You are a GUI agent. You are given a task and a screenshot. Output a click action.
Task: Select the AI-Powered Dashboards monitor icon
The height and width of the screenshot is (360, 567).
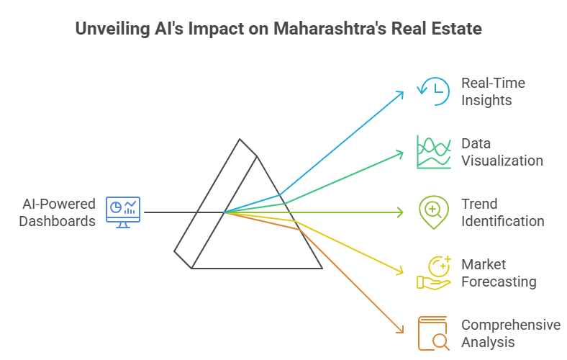124,212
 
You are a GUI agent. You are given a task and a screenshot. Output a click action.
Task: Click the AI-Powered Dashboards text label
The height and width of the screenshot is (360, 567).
58,212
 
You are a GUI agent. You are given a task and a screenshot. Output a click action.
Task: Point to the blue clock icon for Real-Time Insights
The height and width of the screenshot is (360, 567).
433,91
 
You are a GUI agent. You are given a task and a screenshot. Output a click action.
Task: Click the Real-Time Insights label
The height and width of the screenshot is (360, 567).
493,91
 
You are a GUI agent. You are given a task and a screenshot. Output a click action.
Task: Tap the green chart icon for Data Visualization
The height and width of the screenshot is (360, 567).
433,152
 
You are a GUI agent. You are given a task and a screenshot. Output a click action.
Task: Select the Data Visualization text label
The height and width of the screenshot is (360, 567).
502,152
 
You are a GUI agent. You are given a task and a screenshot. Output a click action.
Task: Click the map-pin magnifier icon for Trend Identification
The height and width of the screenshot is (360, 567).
433,212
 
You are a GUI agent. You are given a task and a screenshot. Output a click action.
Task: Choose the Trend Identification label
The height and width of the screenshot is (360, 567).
502,212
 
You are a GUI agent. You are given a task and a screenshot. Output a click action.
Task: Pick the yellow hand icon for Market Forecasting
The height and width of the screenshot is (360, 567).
433,273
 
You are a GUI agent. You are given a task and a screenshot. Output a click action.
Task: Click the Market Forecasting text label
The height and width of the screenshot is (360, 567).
499,273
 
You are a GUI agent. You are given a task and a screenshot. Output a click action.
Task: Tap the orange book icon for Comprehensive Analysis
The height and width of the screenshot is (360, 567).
433,333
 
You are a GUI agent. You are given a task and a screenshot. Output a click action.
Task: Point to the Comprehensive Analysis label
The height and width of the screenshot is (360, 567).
510,333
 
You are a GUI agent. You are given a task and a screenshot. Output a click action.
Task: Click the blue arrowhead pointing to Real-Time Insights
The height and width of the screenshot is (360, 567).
401,93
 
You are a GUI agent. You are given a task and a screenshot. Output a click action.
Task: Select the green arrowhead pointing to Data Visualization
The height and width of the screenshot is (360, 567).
401,152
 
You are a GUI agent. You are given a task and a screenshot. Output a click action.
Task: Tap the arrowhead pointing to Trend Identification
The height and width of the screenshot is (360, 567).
401,212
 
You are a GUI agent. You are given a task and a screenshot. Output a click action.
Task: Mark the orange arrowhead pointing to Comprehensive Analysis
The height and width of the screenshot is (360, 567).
400,331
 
